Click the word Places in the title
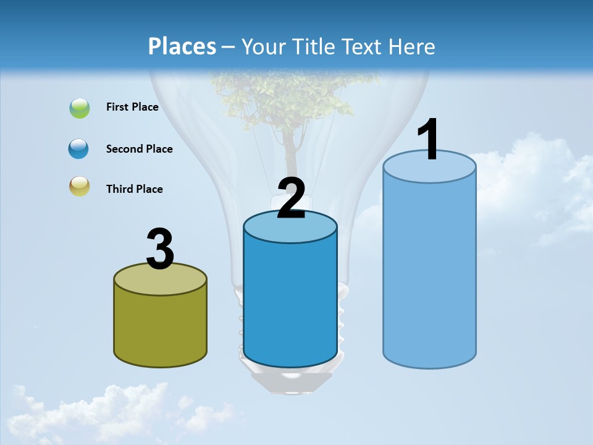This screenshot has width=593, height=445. [x=182, y=46]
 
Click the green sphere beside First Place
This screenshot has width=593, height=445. [x=80, y=108]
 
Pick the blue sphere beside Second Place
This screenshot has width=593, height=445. [x=79, y=148]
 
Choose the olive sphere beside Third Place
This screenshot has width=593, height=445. [x=80, y=186]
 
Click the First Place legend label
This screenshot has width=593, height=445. [x=132, y=107]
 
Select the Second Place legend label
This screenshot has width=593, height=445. [x=139, y=149]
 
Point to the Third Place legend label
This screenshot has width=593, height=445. [x=134, y=189]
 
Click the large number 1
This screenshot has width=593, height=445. [x=429, y=140]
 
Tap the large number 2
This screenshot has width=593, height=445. [x=291, y=198]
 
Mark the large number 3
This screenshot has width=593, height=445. [x=160, y=249]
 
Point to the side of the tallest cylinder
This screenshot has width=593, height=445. [x=429, y=272]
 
